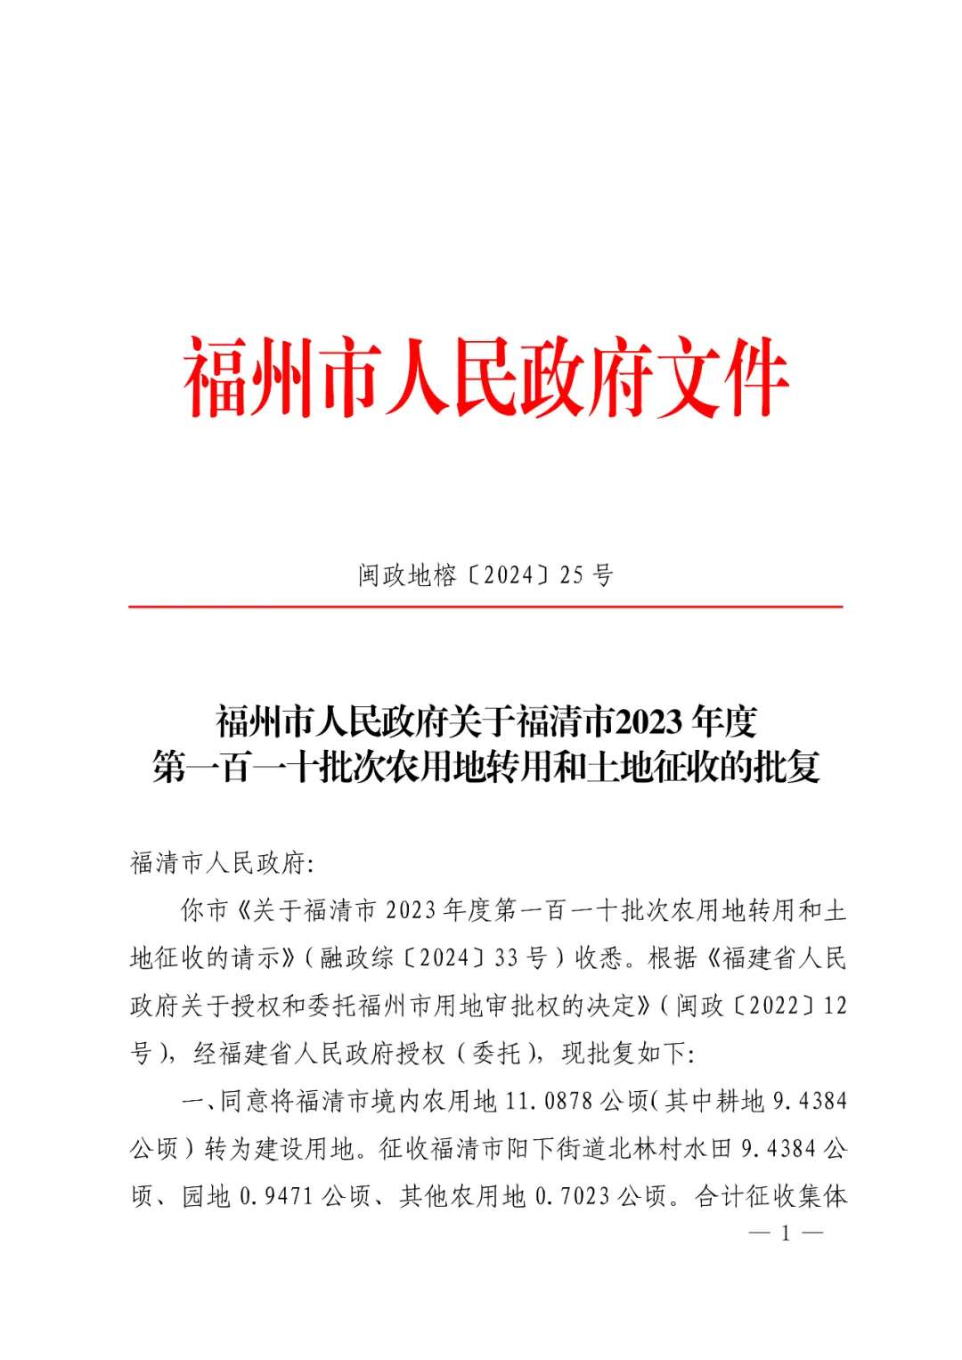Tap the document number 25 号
click(586, 576)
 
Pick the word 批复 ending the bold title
click(787, 766)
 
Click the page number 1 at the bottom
click(787, 1234)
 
